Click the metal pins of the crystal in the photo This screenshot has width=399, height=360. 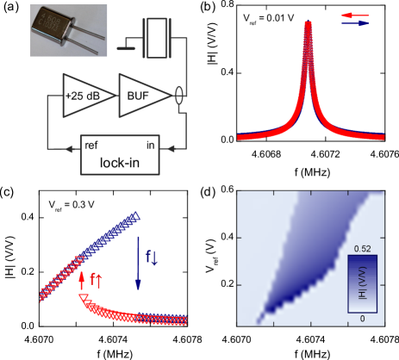click(x=97, y=40)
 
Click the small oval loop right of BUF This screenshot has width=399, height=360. click(x=179, y=94)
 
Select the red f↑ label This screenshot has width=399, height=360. click(x=98, y=280)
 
